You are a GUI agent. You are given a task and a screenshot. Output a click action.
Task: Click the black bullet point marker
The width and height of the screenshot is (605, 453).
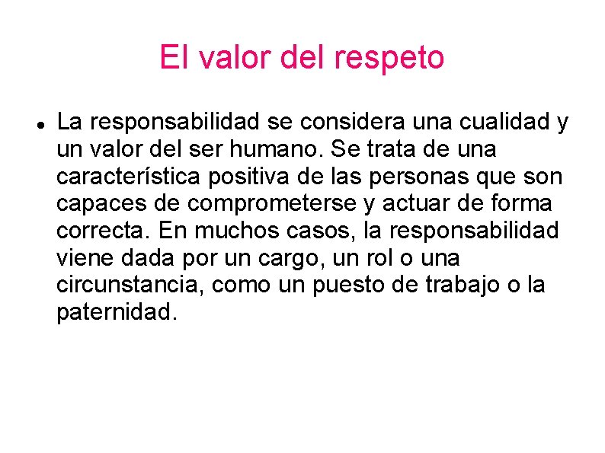(39, 123)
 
